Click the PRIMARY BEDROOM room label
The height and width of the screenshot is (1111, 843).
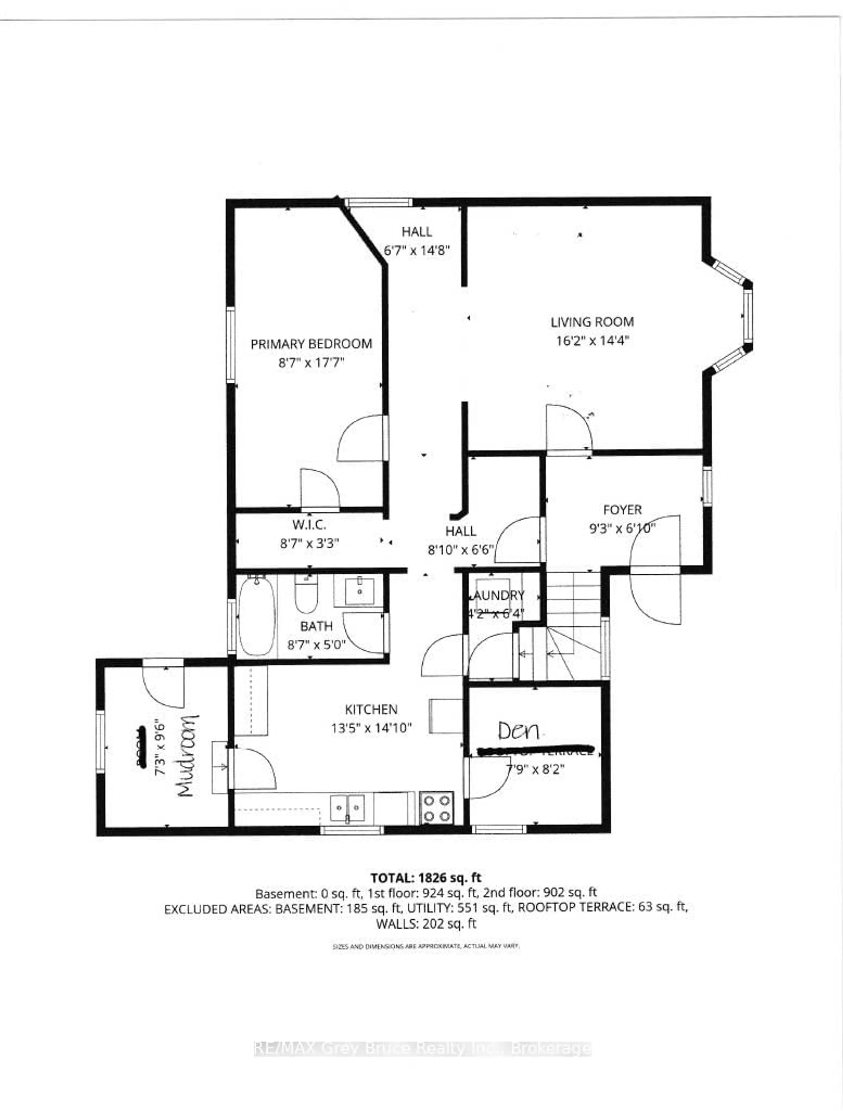pyautogui.click(x=311, y=344)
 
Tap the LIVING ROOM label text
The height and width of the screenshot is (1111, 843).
pyautogui.click(x=592, y=322)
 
